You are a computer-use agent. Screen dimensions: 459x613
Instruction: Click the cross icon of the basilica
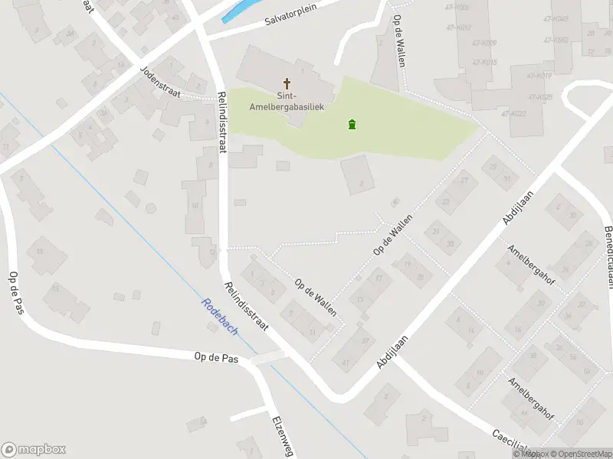(x=287, y=83)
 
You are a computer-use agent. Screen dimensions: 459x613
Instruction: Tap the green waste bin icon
(x=352, y=125)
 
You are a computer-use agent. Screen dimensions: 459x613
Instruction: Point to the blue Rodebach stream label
(x=219, y=315)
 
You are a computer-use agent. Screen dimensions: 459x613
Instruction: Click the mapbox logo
(x=33, y=450)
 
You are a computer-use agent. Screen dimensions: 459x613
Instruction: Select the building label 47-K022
(x=513, y=113)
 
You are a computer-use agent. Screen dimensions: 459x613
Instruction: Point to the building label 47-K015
(x=484, y=62)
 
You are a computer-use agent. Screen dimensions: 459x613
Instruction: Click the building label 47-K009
(x=484, y=42)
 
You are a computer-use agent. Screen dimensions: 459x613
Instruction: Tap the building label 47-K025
(x=541, y=97)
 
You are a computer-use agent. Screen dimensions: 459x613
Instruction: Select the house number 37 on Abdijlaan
(x=366, y=341)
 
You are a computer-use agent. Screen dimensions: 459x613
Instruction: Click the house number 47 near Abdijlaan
(x=346, y=362)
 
